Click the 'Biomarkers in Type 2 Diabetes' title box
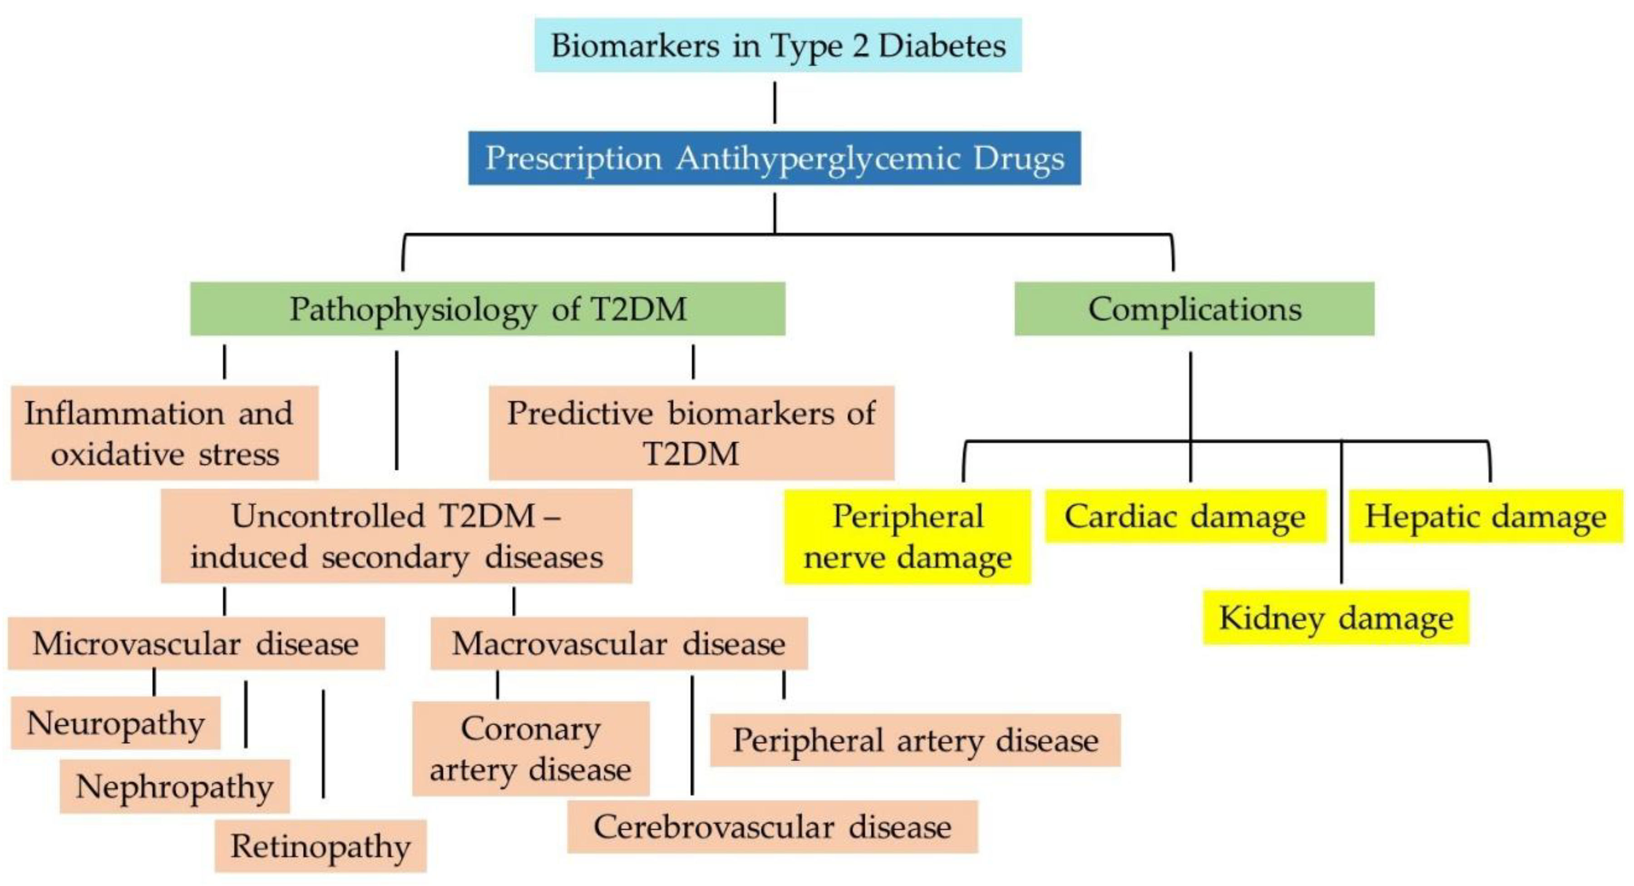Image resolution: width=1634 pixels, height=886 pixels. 778,45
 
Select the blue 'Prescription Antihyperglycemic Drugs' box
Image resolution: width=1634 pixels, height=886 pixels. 775,158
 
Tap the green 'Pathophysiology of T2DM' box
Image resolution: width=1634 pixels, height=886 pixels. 488,309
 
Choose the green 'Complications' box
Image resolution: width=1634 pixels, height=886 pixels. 1195,309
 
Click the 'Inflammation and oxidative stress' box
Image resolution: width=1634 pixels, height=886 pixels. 164,433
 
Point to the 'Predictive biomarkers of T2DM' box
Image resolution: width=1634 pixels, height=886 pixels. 691,433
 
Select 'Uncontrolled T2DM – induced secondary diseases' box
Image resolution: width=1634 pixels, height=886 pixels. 396,536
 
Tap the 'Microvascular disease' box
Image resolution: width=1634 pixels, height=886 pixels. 196,643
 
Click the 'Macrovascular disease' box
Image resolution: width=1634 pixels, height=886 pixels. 619,643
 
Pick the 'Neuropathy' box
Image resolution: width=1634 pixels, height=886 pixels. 115,723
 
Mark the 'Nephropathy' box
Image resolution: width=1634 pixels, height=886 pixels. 174,787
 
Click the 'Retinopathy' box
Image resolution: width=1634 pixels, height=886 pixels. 321,846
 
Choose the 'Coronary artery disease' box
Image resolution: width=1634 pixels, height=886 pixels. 531,749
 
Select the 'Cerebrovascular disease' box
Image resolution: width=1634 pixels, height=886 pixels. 773,827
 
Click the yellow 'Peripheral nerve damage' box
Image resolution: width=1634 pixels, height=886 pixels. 908,537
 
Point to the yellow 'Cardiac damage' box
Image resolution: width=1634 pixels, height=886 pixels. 1185,516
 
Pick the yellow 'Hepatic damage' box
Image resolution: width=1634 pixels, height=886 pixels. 1486,516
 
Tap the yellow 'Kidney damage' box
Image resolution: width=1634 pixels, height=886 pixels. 1336,618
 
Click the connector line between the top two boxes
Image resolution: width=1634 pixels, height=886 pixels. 775,102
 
